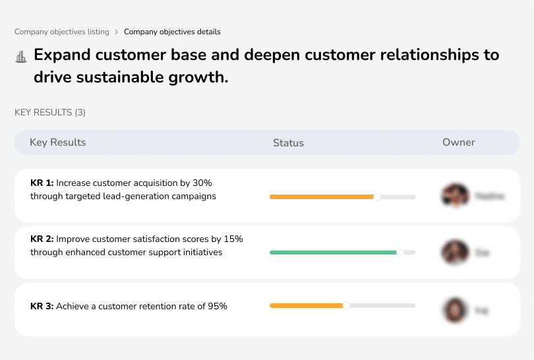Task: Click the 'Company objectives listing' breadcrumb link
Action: click(61, 32)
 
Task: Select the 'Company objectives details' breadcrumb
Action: click(172, 32)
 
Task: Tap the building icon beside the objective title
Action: click(20, 57)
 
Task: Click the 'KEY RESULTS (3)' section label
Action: click(50, 113)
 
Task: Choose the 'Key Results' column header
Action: click(58, 142)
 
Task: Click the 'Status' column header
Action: click(288, 142)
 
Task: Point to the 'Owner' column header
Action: click(459, 142)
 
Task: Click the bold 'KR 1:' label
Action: click(42, 183)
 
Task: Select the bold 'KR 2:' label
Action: click(42, 239)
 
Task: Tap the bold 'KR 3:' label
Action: click(42, 306)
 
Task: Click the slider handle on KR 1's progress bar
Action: click(377, 196)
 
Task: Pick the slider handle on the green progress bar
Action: click(400, 253)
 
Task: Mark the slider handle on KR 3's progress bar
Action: click(346, 305)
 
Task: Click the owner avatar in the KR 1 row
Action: click(455, 196)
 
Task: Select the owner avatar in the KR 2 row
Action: click(455, 253)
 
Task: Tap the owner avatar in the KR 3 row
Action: click(455, 309)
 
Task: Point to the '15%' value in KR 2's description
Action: click(232, 239)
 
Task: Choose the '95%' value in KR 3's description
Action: click(216, 306)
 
